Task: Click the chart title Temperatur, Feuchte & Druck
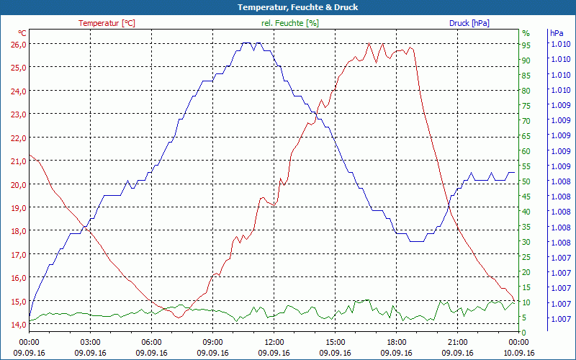pos(288,7)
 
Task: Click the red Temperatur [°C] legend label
pos(107,23)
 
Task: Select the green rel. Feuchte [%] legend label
pos(290,23)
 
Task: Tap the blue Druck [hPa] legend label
pos(469,23)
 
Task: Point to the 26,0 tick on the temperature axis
pos(18,44)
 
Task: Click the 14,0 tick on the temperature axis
pos(18,325)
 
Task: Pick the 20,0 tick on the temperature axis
pos(18,184)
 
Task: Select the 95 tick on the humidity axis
pos(526,45)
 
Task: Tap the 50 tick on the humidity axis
pos(526,181)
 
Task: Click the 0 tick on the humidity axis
pos(524,332)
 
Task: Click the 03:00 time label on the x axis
pos(91,342)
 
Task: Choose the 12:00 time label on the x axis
pos(274,342)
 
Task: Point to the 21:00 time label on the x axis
pos(458,342)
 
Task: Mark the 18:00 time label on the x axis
pos(397,342)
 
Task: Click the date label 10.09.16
pos(519,353)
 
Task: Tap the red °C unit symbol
pos(22,33)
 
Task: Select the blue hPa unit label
pos(557,33)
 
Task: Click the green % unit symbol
pos(526,33)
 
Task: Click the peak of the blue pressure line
pos(247,43)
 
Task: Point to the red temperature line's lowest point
pos(177,317)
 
